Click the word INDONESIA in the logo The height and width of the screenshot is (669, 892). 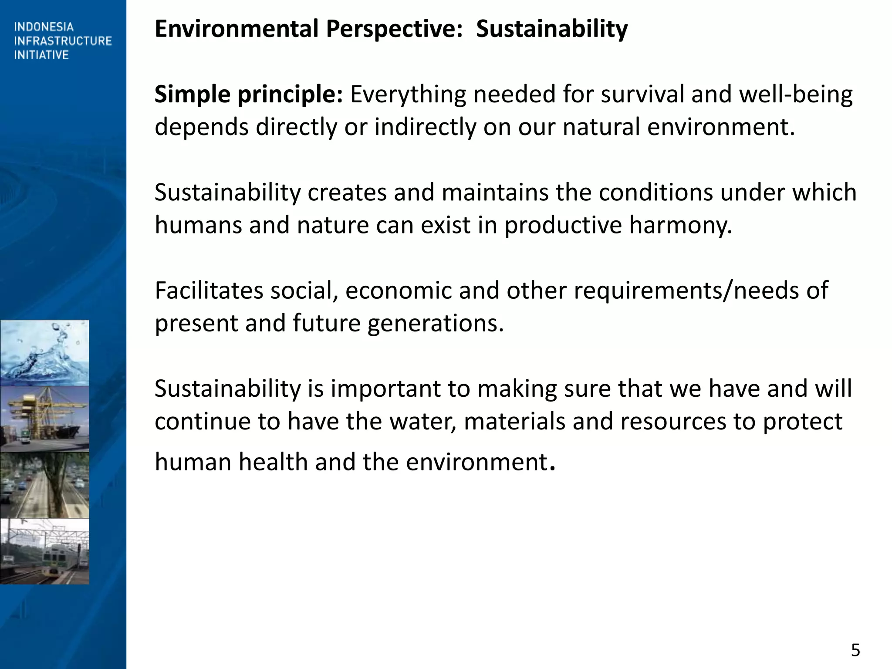click(44, 27)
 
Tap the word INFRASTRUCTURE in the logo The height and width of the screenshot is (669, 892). click(63, 41)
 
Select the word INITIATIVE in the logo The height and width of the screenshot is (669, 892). click(41, 55)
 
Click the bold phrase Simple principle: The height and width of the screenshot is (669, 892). click(249, 95)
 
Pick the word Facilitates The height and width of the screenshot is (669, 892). click(209, 291)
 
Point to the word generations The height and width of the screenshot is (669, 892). click(435, 324)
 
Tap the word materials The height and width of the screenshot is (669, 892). click(514, 421)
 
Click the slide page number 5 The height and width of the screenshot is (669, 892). click(855, 650)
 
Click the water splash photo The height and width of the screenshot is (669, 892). click(44, 353)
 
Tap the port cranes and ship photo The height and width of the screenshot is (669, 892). click(44, 419)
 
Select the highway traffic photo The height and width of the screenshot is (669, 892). click(44, 485)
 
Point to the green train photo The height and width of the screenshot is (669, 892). click(44, 551)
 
